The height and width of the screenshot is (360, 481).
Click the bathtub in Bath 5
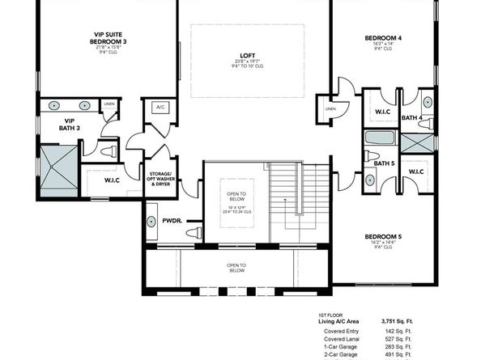[379, 137]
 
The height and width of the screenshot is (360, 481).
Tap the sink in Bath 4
[428, 103]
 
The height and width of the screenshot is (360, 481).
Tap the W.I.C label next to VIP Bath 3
[113, 180]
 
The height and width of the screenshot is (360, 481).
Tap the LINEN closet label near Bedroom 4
[330, 108]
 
